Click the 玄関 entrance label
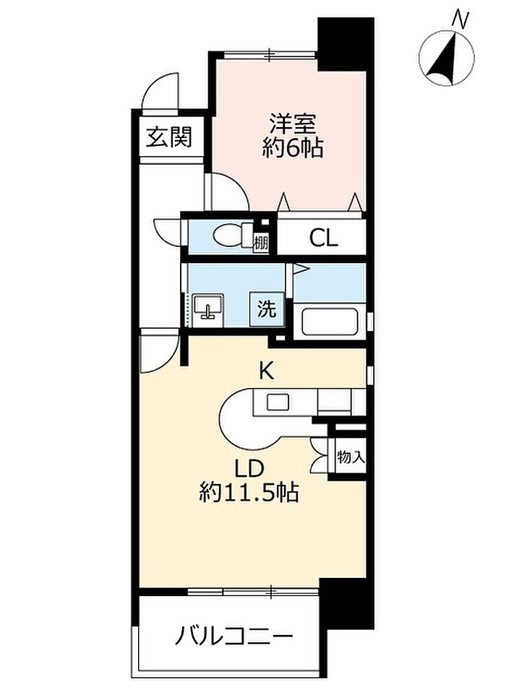coord(169,137)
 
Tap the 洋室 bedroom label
coord(293,124)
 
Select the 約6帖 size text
coord(293,148)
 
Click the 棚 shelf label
coord(261,243)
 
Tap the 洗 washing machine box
coord(267,309)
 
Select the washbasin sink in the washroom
coord(208,310)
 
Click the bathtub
coord(330,322)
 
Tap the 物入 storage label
coord(351,457)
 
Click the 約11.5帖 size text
coord(249,493)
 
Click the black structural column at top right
coord(346,43)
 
